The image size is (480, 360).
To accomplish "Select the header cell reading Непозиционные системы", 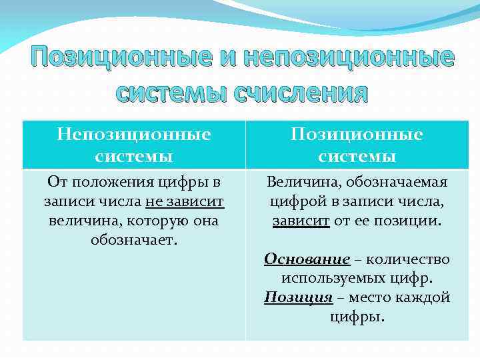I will tap(133, 145).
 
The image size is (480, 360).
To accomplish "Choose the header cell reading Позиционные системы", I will tap(357, 145).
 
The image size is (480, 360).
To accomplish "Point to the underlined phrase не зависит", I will tap(184, 201).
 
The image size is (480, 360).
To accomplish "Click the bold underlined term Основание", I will tap(307, 259).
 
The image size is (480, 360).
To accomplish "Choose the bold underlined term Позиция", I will tap(298, 297).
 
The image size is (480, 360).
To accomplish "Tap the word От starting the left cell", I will tap(57, 182).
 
